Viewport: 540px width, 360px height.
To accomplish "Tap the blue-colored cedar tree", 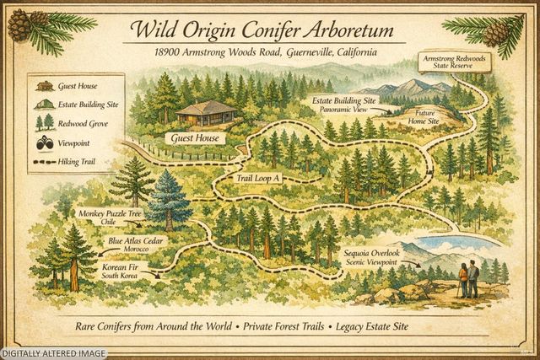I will (x=171, y=199).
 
